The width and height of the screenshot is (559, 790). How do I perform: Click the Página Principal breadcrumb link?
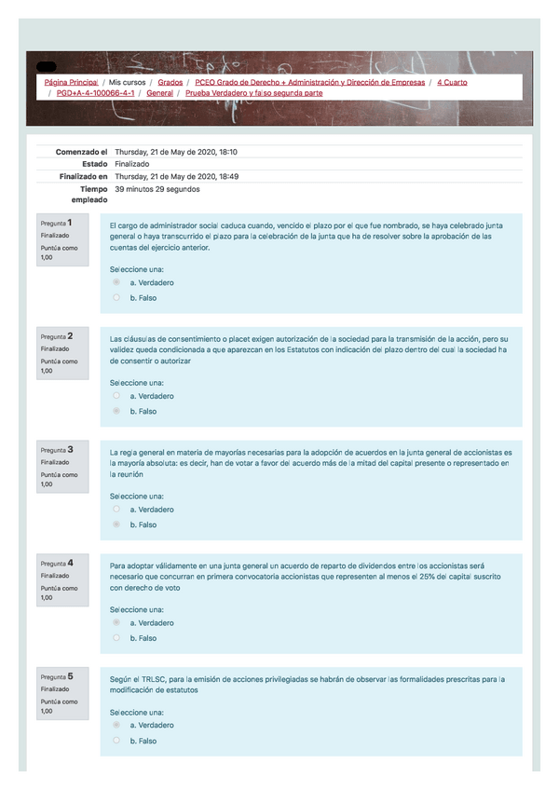tap(71, 82)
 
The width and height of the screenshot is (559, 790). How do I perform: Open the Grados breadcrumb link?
tap(170, 82)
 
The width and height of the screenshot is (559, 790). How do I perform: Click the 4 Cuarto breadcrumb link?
tap(452, 82)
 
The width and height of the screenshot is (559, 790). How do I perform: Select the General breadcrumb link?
tap(159, 93)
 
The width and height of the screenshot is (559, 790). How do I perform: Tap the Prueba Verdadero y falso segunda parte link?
tap(253, 93)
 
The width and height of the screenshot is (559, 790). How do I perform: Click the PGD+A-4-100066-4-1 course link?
tap(96, 93)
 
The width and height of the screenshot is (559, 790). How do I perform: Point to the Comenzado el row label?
tap(81, 151)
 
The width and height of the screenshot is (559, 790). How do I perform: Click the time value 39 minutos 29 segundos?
tap(157, 188)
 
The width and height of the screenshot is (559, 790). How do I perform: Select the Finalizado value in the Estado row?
tap(131, 163)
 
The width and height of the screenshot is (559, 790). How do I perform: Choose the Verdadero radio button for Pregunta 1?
tap(116, 282)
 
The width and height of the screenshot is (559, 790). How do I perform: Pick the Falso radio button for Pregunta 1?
tap(116, 298)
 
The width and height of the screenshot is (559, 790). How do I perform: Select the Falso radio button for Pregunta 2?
tap(116, 411)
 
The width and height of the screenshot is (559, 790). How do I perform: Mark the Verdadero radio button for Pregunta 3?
tap(116, 510)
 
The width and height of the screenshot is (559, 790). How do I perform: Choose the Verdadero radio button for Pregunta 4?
tap(116, 622)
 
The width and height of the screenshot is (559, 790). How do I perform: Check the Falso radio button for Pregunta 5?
tap(116, 741)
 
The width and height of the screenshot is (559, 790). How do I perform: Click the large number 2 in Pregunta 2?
tap(71, 334)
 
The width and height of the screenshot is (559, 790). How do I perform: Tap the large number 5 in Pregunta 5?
tap(71, 675)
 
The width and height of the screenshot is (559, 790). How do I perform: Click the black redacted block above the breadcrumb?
tap(46, 66)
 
